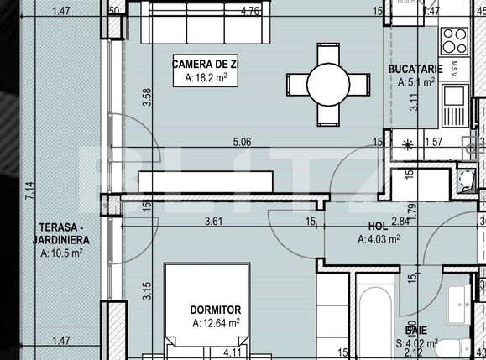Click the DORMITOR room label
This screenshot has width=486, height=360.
217,310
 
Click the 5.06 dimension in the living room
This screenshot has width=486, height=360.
240,142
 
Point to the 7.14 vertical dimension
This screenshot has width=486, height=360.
29,198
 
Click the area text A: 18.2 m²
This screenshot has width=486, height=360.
206,78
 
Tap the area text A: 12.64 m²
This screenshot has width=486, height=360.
217,322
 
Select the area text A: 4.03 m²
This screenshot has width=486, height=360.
379,239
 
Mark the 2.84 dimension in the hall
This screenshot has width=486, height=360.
400,222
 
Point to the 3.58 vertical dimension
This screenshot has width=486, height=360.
147,97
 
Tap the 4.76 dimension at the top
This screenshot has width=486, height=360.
249,11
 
